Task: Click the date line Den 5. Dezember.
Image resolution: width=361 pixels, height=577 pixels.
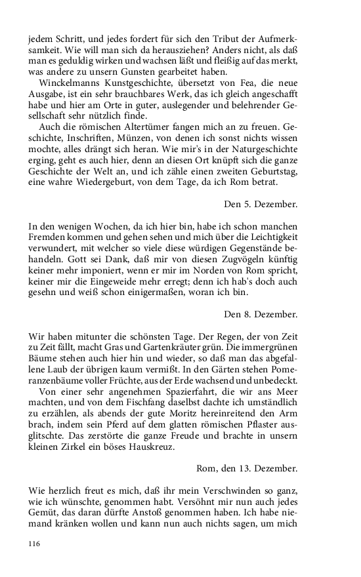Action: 261,204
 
